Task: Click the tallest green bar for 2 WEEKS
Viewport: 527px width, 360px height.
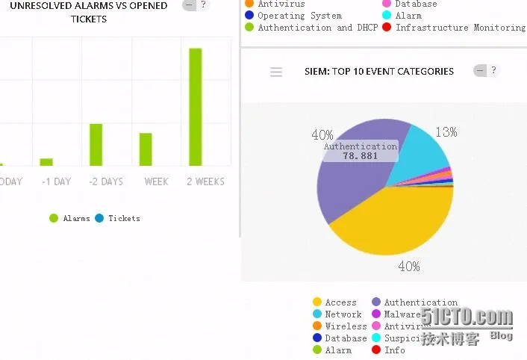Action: click(x=196, y=107)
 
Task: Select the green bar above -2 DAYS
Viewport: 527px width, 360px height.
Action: click(x=96, y=145)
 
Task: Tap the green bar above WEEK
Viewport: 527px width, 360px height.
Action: click(x=146, y=149)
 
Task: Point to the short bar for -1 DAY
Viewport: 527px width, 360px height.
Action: click(x=46, y=161)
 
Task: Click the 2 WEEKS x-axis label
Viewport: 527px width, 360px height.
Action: click(x=205, y=181)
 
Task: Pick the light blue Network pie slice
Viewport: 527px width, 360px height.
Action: click(x=422, y=153)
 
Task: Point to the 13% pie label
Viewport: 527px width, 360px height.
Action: click(x=446, y=132)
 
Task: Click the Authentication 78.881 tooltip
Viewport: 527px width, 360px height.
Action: click(x=360, y=151)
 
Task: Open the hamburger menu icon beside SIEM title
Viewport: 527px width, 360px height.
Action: click(x=276, y=72)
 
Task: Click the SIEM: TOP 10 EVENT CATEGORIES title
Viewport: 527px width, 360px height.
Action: click(x=379, y=72)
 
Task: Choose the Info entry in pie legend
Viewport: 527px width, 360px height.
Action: click(x=394, y=350)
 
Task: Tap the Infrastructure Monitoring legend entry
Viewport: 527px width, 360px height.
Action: click(x=460, y=28)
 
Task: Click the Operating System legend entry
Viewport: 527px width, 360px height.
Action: click(x=299, y=16)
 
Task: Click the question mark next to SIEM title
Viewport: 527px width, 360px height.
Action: click(x=493, y=71)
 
